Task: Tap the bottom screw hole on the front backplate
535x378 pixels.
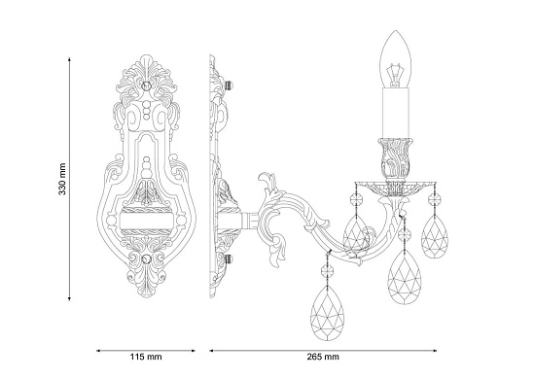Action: click(x=147, y=259)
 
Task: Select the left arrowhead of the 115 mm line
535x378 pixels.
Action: click(x=98, y=347)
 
